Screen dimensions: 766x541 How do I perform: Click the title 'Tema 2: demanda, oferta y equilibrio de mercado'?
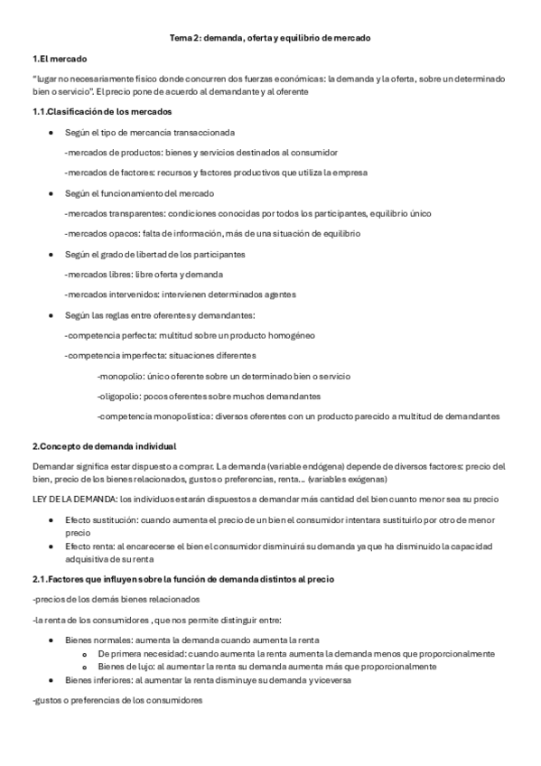270,39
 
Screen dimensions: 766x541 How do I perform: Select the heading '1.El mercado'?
60,59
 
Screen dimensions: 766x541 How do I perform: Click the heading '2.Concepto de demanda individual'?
104,446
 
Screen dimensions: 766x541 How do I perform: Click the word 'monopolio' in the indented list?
118,376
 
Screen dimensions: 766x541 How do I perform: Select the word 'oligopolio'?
120,396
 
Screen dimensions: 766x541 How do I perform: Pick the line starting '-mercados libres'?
144,274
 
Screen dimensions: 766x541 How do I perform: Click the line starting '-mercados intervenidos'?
180,294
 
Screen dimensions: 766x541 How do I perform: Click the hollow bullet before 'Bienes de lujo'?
83,667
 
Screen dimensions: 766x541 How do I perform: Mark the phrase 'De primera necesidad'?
136,653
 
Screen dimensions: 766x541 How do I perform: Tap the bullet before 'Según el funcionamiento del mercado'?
51,193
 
